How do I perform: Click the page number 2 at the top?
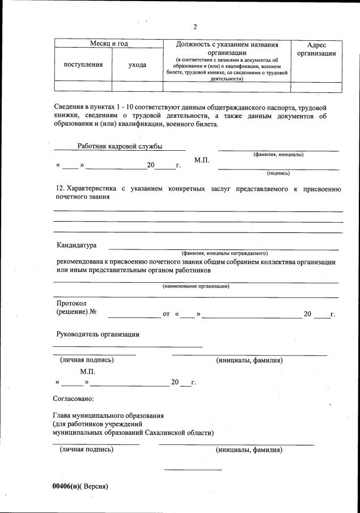pyautogui.click(x=194, y=27)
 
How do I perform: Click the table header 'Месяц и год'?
pyautogui.click(x=109, y=44)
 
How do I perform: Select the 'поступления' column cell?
pyautogui.click(x=83, y=65)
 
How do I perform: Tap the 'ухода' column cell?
pyautogui.click(x=137, y=65)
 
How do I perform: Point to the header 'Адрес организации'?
pyautogui.click(x=316, y=49)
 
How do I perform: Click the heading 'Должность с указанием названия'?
pyautogui.click(x=227, y=44)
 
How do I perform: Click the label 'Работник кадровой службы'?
pyautogui.click(x=120, y=146)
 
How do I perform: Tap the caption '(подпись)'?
pyautogui.click(x=278, y=173)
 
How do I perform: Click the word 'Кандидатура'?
pyautogui.click(x=77, y=245)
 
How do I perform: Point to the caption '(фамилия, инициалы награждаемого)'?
pyautogui.click(x=224, y=253)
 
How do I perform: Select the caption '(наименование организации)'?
pyautogui.click(x=196, y=286)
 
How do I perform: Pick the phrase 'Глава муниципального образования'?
pyautogui.click(x=108, y=416)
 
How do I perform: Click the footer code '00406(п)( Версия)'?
pyautogui.click(x=80, y=486)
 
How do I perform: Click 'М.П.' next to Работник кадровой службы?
pyautogui.click(x=202, y=160)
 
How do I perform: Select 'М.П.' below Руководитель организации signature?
pyautogui.click(x=87, y=371)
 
